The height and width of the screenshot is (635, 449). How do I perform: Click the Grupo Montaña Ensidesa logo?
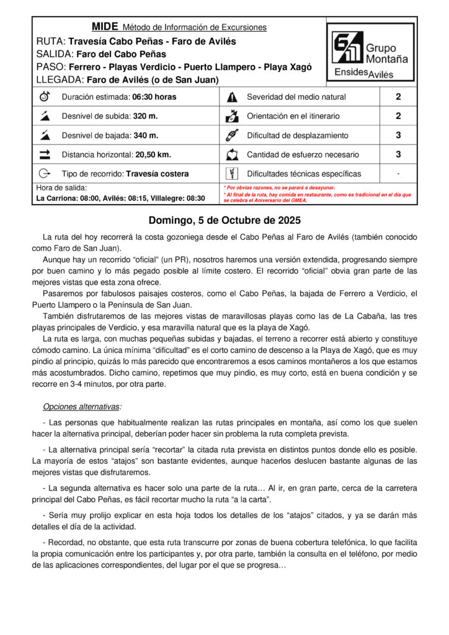370,52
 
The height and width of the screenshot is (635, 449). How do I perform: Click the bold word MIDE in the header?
104,27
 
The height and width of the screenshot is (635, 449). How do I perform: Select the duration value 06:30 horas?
154,97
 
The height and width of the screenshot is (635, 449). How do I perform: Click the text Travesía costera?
158,174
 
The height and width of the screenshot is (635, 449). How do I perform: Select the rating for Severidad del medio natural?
398,97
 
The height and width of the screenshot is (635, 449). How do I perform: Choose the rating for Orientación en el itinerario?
398,116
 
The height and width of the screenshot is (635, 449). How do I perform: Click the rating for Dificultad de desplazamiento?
398,135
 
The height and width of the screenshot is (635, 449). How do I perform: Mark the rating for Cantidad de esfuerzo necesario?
398,154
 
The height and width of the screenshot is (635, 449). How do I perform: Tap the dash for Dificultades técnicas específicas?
398,174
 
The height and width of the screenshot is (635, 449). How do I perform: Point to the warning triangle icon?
233,97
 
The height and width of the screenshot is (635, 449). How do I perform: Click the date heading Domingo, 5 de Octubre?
225,220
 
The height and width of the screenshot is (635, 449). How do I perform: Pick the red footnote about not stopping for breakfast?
279,187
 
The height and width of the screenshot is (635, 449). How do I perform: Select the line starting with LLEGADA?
128,79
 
